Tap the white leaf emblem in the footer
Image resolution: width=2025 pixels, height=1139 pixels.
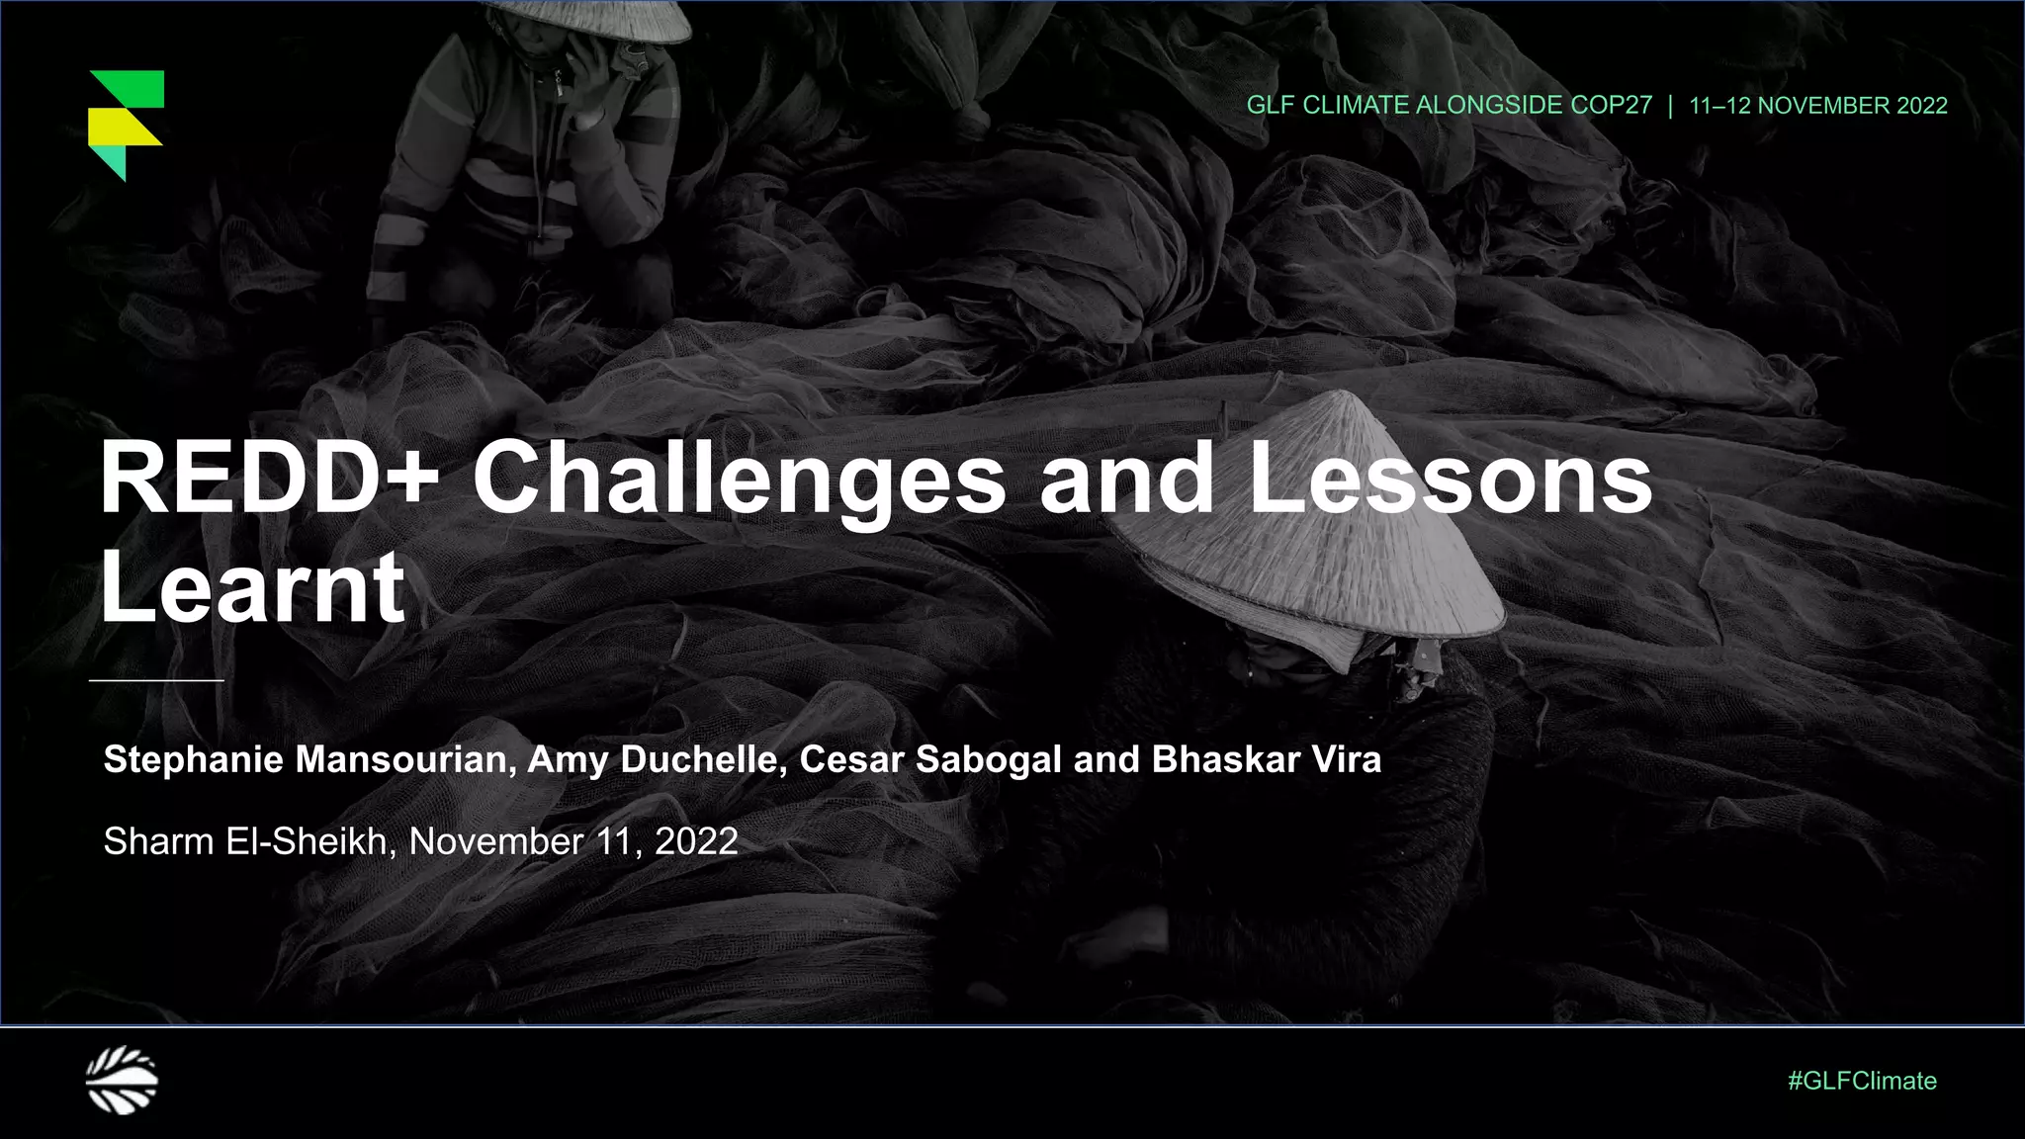tap(122, 1080)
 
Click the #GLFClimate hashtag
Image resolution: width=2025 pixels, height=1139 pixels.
tap(1862, 1081)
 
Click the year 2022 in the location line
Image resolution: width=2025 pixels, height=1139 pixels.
tap(696, 841)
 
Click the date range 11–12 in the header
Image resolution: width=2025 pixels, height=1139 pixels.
tap(1719, 106)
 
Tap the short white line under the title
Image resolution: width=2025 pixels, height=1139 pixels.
tap(156, 680)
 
